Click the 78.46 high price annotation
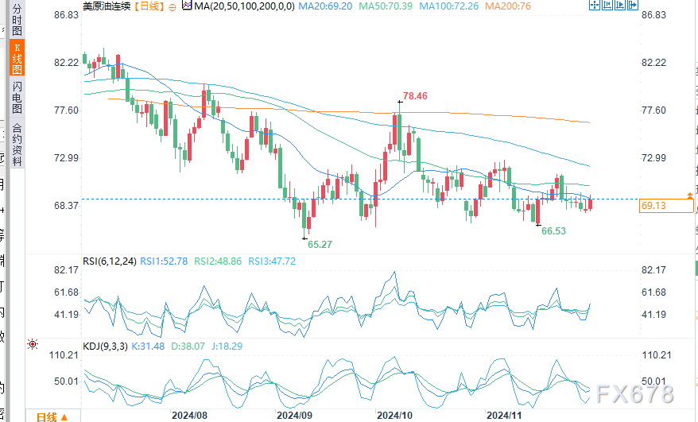point(414,96)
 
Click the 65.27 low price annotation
point(320,245)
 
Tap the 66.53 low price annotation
point(553,230)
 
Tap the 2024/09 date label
point(294,416)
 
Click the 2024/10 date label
point(394,416)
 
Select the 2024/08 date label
point(189,416)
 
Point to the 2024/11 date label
point(503,416)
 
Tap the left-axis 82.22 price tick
point(67,62)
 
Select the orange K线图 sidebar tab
point(17,59)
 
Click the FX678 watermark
point(635,394)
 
